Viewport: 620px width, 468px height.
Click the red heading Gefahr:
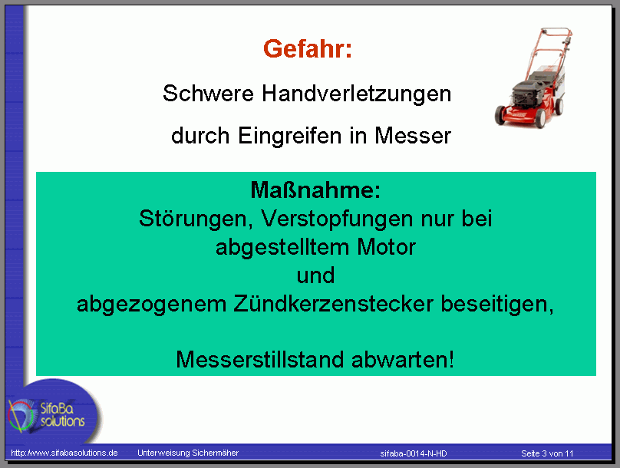(x=308, y=49)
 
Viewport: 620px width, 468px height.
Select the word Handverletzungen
(x=356, y=94)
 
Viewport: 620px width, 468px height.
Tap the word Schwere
(x=208, y=94)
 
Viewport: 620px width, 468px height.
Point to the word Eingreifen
(x=289, y=136)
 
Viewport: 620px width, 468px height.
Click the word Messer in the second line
(x=412, y=136)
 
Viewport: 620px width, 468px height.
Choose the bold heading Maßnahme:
(x=315, y=190)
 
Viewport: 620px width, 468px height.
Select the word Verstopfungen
(x=337, y=219)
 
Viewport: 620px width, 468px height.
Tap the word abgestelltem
(x=282, y=248)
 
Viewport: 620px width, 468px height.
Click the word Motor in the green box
(x=386, y=248)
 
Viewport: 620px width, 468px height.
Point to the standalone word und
(x=315, y=275)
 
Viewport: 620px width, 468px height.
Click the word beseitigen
(x=497, y=305)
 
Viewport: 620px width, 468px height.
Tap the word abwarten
(x=402, y=360)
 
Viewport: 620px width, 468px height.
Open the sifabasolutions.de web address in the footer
(x=64, y=453)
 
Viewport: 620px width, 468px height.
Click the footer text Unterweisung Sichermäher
(x=188, y=453)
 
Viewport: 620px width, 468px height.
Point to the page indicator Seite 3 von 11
(x=547, y=453)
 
